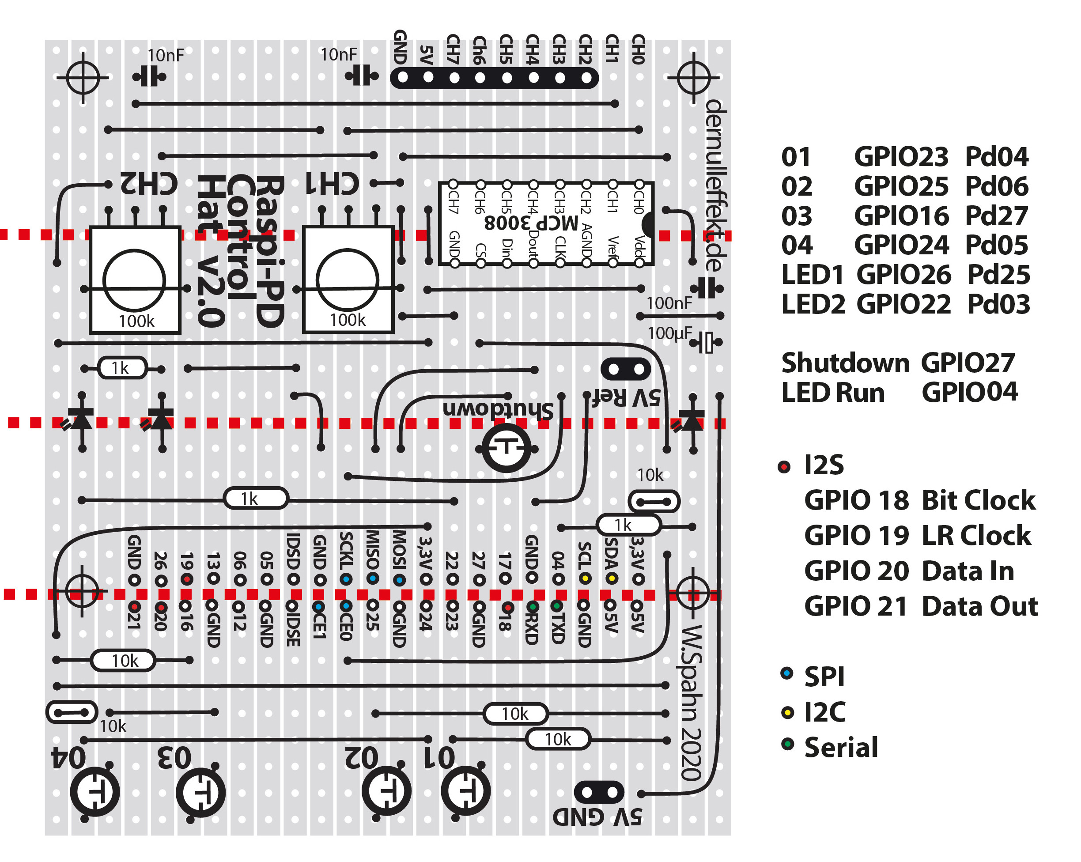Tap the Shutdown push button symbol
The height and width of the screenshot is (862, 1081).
506,447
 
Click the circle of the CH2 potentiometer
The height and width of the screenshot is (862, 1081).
134,280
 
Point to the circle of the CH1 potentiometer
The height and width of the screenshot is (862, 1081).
348,280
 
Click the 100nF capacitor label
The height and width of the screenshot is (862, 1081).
669,303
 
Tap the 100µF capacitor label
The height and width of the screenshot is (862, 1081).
670,333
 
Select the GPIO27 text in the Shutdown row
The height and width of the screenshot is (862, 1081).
968,363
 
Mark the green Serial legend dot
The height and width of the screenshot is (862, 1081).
788,744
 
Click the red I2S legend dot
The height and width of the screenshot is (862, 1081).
784,467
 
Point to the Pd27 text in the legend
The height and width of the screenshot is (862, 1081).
997,216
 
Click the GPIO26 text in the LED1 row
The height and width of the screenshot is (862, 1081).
903,275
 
